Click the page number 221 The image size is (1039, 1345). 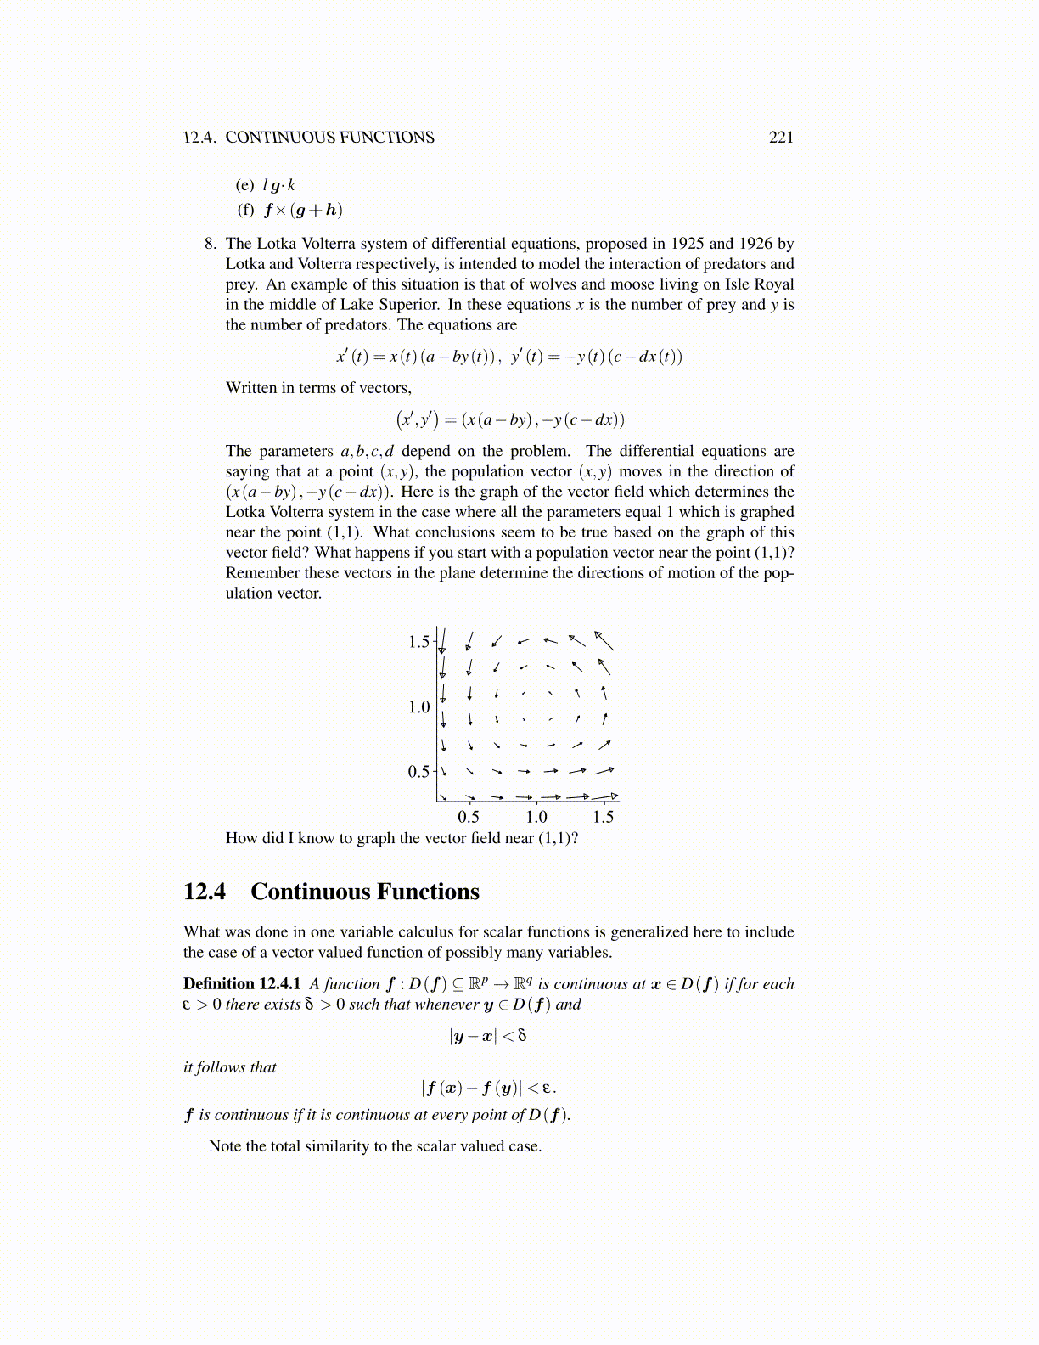[780, 138]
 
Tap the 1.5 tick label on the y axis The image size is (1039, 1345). [419, 642]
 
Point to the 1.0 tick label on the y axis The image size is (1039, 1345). [419, 707]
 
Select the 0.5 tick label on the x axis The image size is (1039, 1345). [469, 818]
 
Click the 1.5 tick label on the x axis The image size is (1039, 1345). [603, 818]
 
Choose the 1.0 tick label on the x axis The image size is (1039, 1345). [536, 818]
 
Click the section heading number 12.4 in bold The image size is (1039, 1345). [205, 892]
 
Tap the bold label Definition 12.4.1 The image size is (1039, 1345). [242, 984]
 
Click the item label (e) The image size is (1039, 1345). [244, 185]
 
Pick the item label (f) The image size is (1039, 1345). [245, 210]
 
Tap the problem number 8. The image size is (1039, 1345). [211, 244]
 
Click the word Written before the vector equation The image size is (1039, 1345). [251, 388]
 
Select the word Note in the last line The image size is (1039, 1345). [226, 1146]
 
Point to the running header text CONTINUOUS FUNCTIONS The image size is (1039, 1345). [329, 138]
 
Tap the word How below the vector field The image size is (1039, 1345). [239, 838]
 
